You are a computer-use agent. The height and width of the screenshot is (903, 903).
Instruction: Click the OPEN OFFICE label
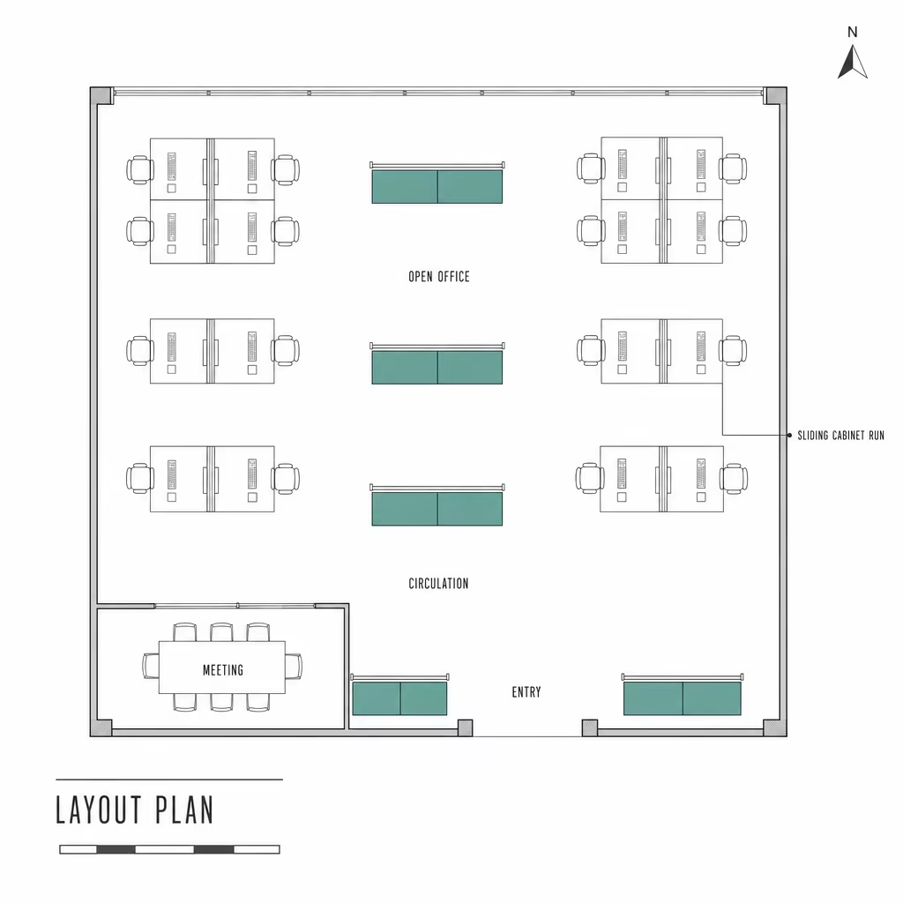pyautogui.click(x=439, y=277)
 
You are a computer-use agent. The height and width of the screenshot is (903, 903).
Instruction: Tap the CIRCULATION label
pyautogui.click(x=439, y=584)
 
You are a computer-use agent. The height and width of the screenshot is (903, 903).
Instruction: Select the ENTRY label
pyautogui.click(x=526, y=692)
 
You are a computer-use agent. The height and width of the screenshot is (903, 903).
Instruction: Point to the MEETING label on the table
pyautogui.click(x=223, y=670)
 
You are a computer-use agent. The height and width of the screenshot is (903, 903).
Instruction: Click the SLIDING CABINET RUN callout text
pyautogui.click(x=840, y=436)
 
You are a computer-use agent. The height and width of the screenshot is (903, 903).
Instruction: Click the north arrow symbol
pyautogui.click(x=853, y=62)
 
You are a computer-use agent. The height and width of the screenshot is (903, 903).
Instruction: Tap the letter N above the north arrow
pyautogui.click(x=853, y=33)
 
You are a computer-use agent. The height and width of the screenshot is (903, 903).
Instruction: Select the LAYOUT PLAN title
pyautogui.click(x=135, y=810)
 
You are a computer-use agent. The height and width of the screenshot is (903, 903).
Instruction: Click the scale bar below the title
pyautogui.click(x=169, y=849)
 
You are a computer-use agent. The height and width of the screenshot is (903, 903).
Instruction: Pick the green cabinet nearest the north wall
pyautogui.click(x=437, y=186)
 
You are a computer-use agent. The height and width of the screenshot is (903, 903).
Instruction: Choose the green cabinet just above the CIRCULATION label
pyautogui.click(x=437, y=509)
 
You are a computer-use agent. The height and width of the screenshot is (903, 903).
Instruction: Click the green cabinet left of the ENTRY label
pyautogui.click(x=399, y=698)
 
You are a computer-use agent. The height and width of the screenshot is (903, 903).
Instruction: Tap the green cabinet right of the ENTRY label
pyautogui.click(x=683, y=698)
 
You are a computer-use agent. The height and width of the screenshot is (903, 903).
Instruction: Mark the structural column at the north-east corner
pyautogui.click(x=775, y=95)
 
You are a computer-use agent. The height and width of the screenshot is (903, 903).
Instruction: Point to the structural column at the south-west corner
pyautogui.click(x=101, y=728)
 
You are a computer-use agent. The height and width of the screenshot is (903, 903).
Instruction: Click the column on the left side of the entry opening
pyautogui.click(x=466, y=728)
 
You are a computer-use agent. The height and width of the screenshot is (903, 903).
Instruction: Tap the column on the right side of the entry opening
pyautogui.click(x=590, y=728)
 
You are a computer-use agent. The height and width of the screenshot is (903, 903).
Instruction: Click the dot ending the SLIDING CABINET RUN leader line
pyautogui.click(x=789, y=436)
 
